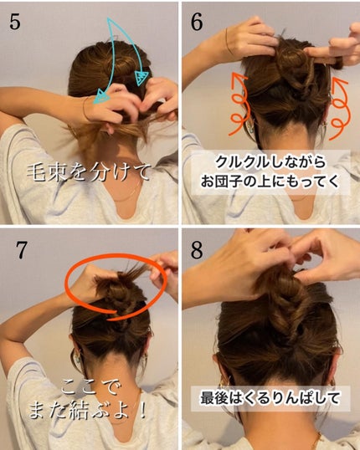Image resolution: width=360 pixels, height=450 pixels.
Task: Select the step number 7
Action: coord(16,248)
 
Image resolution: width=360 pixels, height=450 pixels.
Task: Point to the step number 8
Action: coord(198,248)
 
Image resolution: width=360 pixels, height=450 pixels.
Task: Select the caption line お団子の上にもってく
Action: coord(270,182)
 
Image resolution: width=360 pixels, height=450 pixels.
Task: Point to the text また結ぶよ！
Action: coord(92,410)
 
